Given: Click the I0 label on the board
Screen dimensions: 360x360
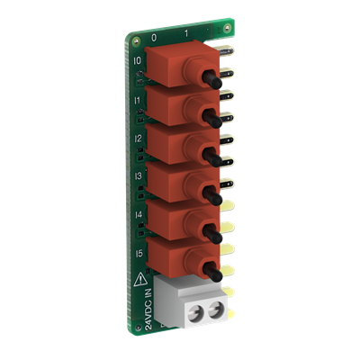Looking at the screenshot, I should (x=137, y=62).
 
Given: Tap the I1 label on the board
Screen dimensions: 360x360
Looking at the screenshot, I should (x=137, y=102).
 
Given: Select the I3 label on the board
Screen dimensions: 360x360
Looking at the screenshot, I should (x=137, y=178).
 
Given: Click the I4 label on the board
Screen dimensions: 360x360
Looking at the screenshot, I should (x=138, y=217).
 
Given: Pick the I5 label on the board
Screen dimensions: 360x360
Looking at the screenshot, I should (x=138, y=255).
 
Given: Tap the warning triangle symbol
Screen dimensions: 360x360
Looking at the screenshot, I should (x=139, y=282).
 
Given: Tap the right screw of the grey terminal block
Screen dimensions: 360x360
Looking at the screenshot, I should (x=216, y=312).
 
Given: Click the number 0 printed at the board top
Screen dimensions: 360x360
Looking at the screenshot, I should (x=154, y=39).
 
